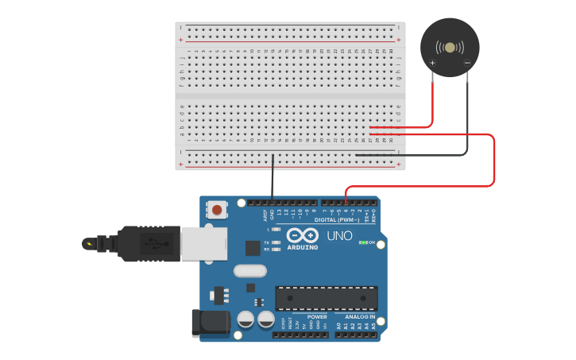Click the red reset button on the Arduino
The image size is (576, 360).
point(216,210)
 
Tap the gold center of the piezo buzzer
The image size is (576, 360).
point(450,48)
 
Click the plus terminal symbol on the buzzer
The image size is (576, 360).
point(433,63)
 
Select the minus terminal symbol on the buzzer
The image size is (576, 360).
point(467,63)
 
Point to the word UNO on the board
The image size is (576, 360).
point(340,236)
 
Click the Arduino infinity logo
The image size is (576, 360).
point(302,236)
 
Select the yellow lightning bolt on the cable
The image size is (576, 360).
point(89,244)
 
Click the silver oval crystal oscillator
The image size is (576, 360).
point(249,271)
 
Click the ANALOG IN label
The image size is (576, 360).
point(361,315)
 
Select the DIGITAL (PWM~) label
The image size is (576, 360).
point(337,219)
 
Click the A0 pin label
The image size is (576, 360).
point(338,326)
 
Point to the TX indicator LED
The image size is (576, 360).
point(276,242)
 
